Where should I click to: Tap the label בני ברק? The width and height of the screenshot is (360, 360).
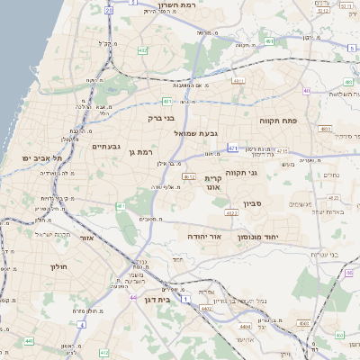point(161,117)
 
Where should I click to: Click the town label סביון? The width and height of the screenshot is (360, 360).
point(252,204)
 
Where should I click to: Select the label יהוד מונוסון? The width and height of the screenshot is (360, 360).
point(258,236)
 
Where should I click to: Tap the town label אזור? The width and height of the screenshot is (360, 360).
point(87,238)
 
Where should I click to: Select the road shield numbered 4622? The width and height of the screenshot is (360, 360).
point(231,213)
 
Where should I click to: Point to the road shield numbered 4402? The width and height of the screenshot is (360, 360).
point(208,309)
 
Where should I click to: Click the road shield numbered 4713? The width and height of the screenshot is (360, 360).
point(233,147)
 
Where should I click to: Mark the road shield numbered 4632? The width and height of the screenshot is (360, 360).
point(189,177)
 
